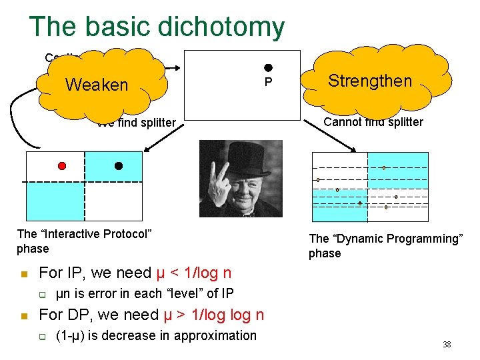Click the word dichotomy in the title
(x=221, y=27)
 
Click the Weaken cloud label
(x=97, y=85)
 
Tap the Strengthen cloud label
(x=370, y=81)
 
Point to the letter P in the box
(x=268, y=82)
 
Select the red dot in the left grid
(x=62, y=165)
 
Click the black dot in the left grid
(x=119, y=165)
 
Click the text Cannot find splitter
(x=373, y=122)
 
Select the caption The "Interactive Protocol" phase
(x=84, y=241)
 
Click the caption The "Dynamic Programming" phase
(x=385, y=246)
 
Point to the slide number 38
(x=447, y=345)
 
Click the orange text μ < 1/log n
(x=193, y=273)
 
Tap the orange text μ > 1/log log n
(x=213, y=315)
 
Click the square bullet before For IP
(x=23, y=274)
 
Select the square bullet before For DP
(x=23, y=316)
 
